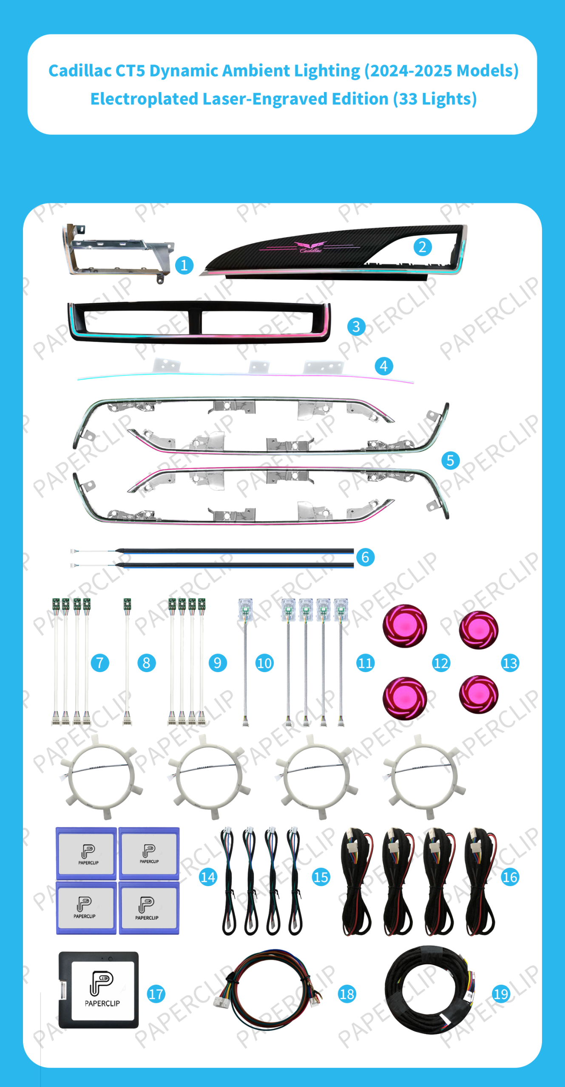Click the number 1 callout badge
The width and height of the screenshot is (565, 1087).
[184, 265]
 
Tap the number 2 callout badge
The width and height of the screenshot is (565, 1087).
[423, 247]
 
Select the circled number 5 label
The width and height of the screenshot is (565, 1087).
[450, 460]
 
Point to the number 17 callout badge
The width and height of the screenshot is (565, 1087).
[156, 994]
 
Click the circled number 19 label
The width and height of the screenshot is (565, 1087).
[501, 994]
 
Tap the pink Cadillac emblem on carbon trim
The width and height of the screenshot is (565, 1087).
[311, 247]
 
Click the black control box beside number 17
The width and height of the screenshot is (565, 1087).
[99, 989]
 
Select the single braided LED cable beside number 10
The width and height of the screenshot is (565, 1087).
[245, 662]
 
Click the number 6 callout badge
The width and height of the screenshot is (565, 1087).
[365, 557]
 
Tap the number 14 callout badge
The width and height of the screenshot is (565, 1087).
[208, 877]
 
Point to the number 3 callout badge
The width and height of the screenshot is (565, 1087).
[356, 327]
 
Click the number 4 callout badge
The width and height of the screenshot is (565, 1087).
[383, 366]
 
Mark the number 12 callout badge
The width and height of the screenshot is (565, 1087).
[441, 663]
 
